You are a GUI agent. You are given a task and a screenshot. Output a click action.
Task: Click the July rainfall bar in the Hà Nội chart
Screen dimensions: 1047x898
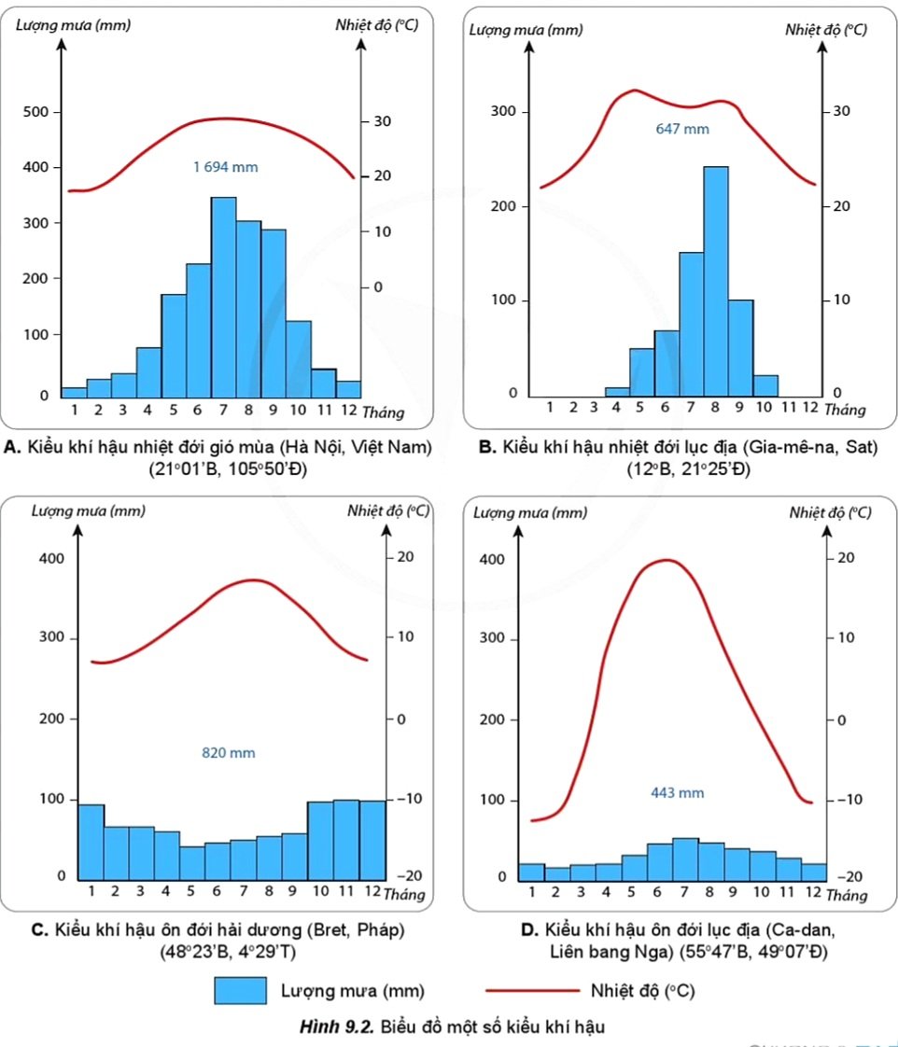223,297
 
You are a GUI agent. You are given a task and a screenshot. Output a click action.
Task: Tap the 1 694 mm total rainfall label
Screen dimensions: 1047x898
225,168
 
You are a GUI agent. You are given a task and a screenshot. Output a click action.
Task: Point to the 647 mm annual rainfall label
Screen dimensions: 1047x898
682,129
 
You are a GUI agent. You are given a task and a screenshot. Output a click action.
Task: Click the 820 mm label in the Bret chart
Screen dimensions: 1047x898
229,753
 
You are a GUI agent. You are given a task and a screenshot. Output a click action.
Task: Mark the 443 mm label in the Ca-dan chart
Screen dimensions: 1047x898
678,793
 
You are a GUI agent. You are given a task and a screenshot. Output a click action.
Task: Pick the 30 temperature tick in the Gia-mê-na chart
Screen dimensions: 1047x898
842,111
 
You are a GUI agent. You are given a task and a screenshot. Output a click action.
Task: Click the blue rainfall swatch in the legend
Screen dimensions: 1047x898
239,991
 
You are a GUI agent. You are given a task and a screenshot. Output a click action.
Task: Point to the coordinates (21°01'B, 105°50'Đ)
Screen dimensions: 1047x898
227,469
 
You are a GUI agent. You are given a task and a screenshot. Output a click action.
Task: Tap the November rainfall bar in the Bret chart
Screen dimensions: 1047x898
346,839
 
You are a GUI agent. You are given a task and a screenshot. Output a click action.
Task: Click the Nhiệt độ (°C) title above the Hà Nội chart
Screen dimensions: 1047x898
376,25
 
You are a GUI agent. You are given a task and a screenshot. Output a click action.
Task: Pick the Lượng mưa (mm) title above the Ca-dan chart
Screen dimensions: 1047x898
530,512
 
